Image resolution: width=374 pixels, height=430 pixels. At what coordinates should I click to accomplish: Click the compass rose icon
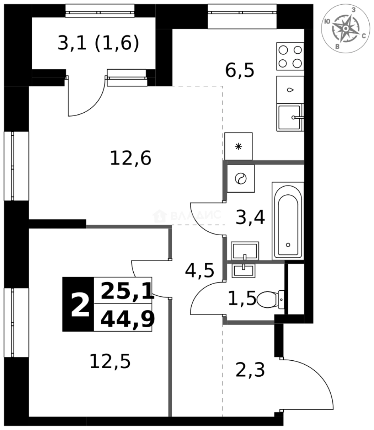tap(346, 29)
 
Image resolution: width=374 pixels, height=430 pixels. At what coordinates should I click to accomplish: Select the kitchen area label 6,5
tap(240, 71)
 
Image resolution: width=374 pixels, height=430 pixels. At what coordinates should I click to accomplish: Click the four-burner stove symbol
tap(290, 57)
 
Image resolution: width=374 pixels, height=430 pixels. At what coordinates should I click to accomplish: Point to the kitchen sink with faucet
tap(290, 117)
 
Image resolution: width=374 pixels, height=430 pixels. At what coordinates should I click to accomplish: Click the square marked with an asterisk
tap(238, 146)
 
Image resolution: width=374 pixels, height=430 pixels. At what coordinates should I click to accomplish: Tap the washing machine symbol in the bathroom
tap(241, 179)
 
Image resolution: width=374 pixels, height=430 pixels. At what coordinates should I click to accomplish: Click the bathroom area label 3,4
tap(250, 218)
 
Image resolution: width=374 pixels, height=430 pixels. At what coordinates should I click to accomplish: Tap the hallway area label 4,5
tap(200, 271)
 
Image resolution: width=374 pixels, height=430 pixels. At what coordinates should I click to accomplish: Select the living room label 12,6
tap(131, 159)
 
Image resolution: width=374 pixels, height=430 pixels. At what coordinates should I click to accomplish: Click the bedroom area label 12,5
tap(110, 362)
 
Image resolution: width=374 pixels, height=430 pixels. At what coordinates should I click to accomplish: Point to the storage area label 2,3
tap(250, 371)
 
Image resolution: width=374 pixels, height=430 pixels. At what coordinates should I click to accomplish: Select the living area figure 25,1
tap(127, 291)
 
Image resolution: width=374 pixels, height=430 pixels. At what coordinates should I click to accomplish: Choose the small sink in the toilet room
tap(243, 270)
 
